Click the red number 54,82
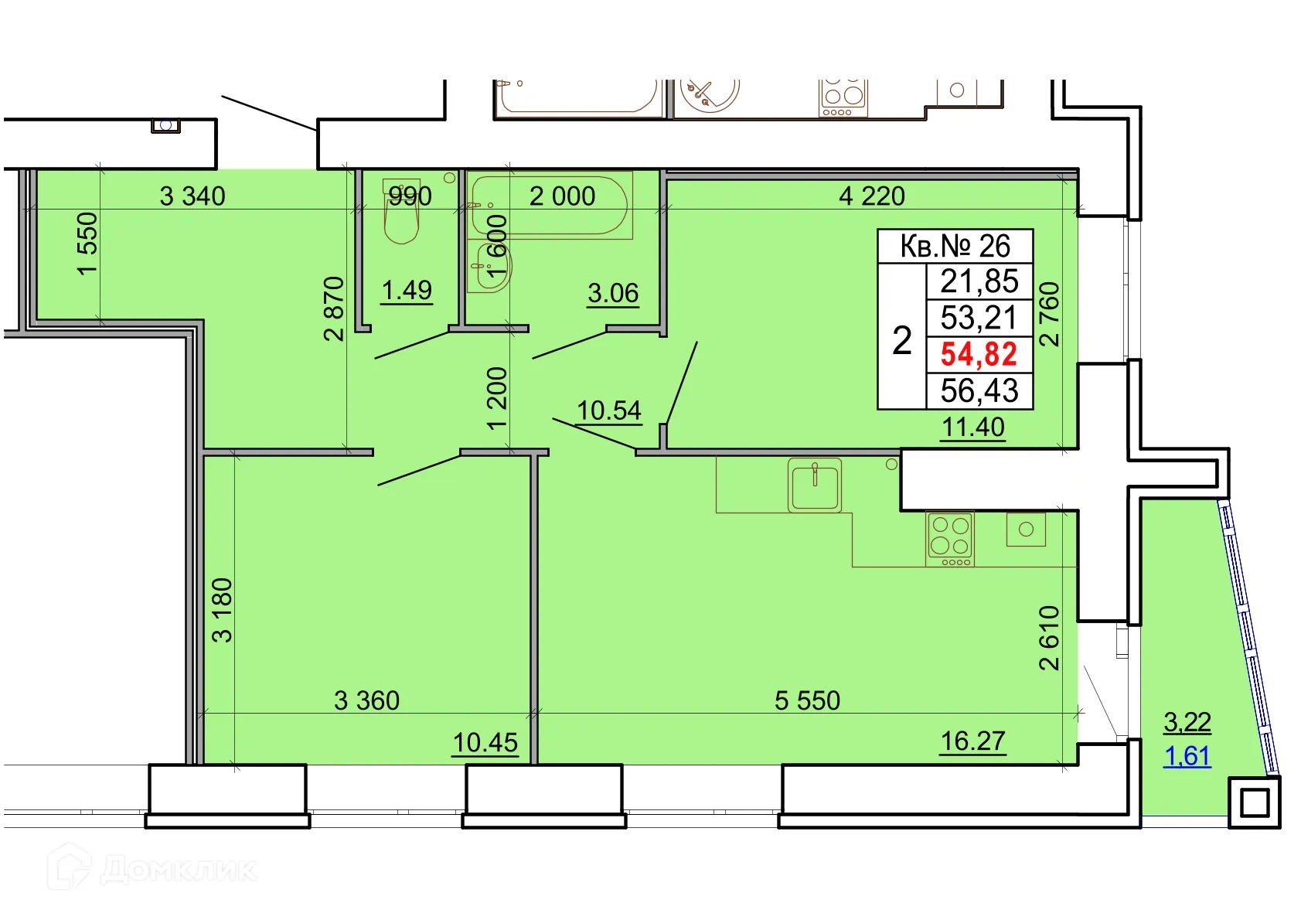pos(979,354)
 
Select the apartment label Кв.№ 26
pos(955,246)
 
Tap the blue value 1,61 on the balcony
pos(1187,755)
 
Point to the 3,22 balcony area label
pos(1187,722)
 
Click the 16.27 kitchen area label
pos(972,741)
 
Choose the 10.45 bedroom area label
pos(485,742)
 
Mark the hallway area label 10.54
pos(608,411)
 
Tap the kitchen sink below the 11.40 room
pos(815,486)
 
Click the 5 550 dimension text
pos(807,700)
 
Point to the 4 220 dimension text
pos(871,196)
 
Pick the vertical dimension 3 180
pos(222,609)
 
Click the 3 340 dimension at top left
pos(192,196)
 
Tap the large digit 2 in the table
pos(901,340)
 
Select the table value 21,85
pos(979,281)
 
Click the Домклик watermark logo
pos(152,869)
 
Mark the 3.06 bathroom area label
pos(613,293)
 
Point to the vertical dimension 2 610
pos(1048,637)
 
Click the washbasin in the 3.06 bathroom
pos(492,267)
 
